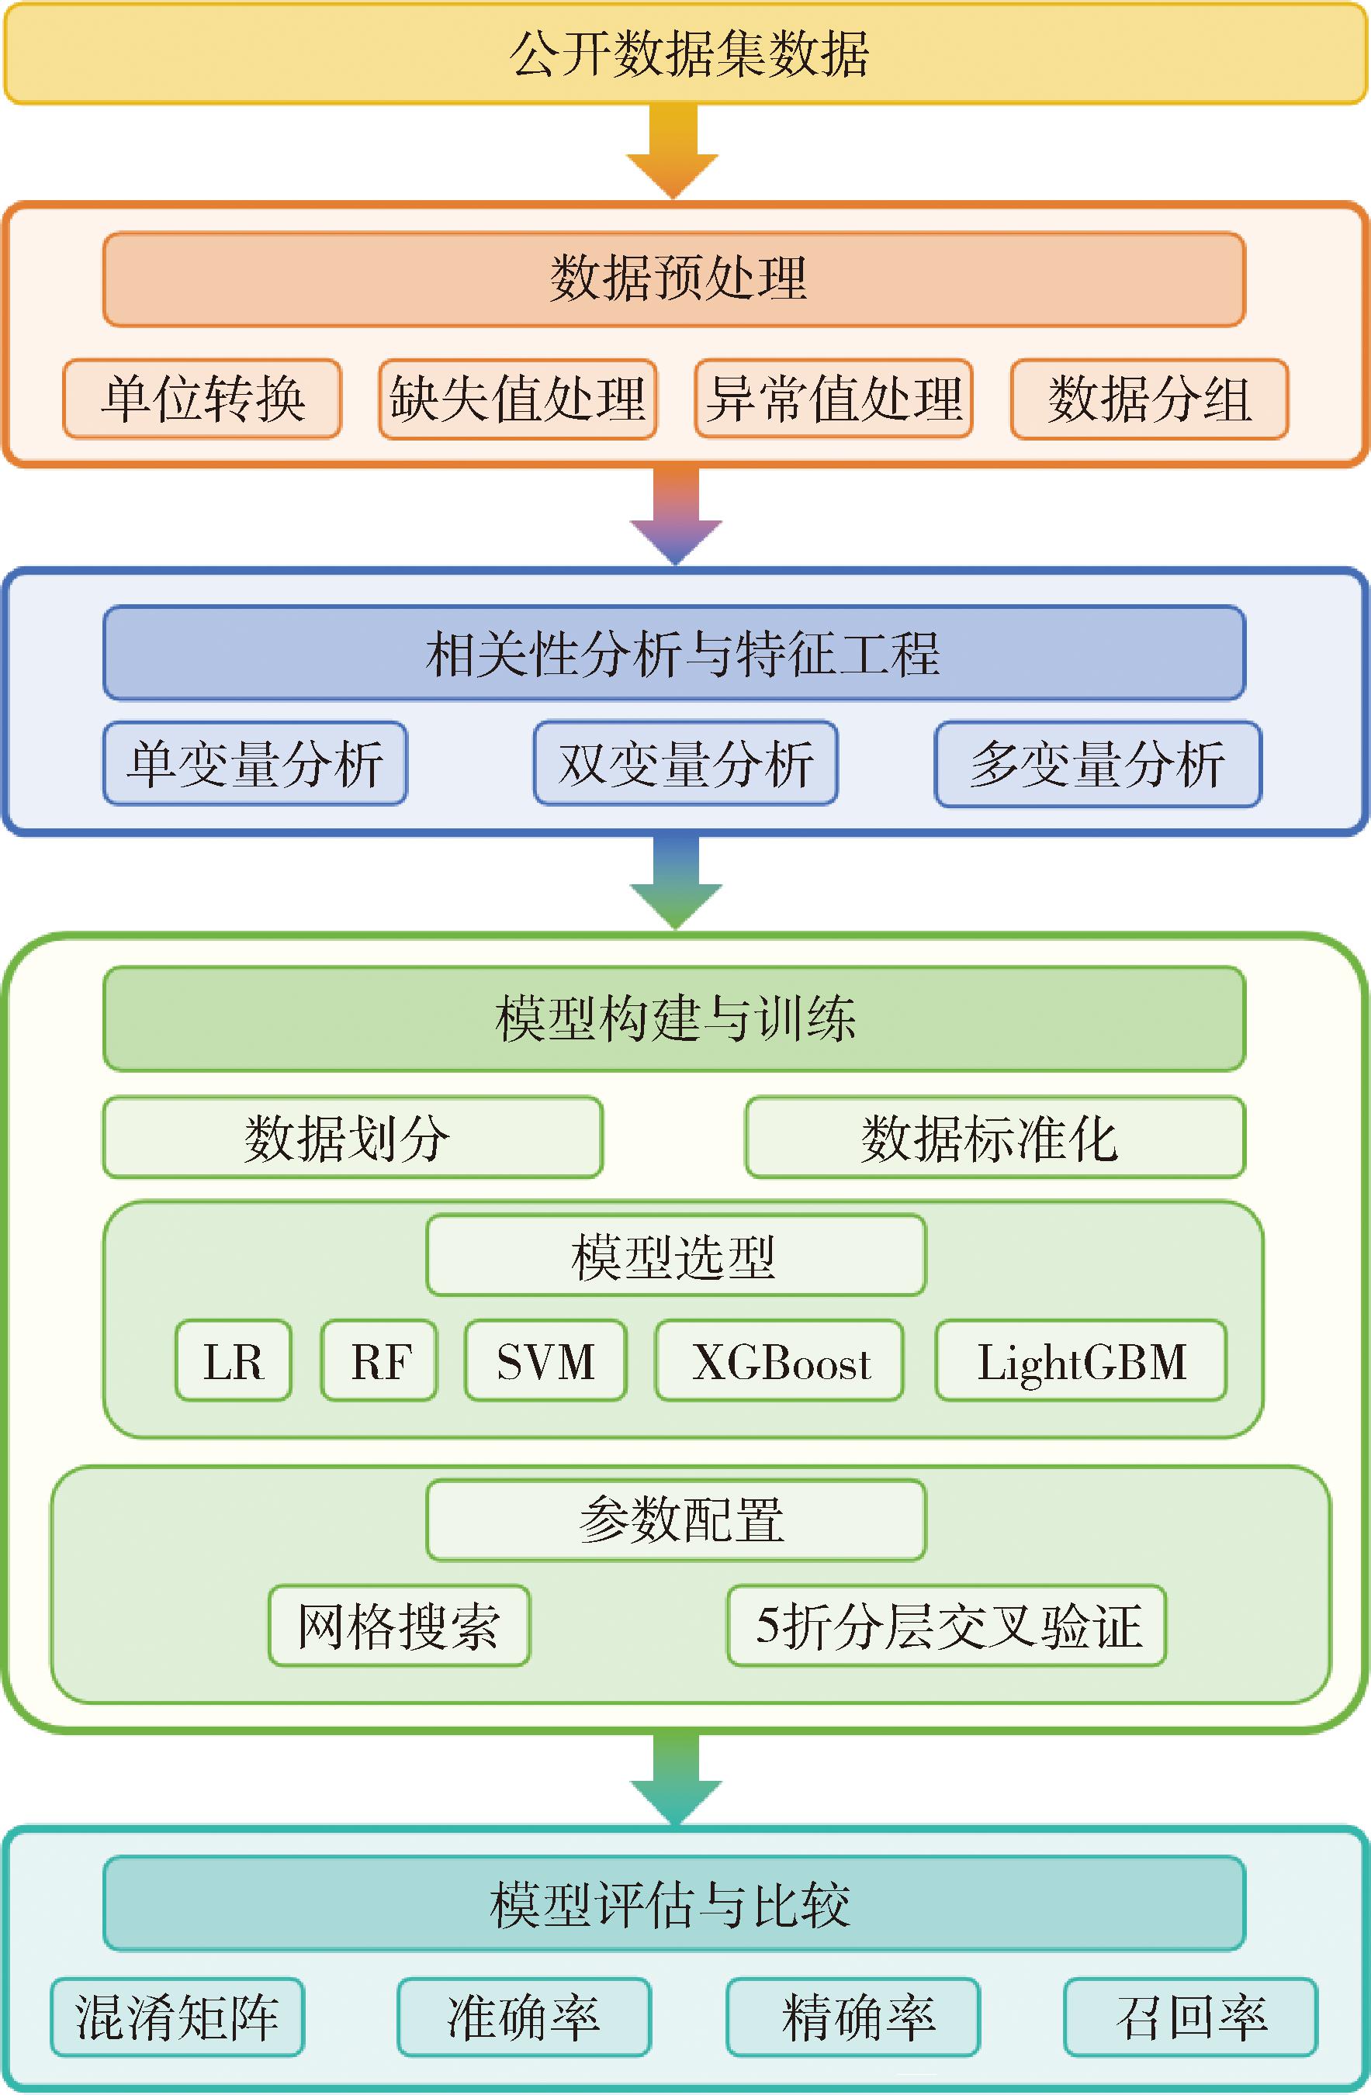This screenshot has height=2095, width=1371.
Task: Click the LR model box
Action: (234, 1361)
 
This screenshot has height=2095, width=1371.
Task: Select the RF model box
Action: (379, 1361)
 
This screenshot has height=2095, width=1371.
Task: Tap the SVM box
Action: (545, 1361)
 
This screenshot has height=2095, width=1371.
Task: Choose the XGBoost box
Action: (779, 1361)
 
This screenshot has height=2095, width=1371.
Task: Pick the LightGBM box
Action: (1080, 1361)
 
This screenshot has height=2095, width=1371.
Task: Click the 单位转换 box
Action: (202, 399)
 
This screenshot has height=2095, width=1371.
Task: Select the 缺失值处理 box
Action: (518, 399)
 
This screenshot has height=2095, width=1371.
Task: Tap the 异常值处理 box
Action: (833, 399)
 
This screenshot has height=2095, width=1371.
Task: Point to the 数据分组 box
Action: (1149, 399)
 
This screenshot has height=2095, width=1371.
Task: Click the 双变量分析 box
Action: (685, 763)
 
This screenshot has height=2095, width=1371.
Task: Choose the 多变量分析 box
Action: (1097, 764)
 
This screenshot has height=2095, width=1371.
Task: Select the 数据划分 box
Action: (352, 1137)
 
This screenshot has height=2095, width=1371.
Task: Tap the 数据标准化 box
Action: (995, 1137)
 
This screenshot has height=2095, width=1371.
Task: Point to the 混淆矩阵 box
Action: (177, 2017)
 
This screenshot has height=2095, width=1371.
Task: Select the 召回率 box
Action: (1190, 2017)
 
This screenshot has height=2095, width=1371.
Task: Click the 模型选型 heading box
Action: (675, 1256)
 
